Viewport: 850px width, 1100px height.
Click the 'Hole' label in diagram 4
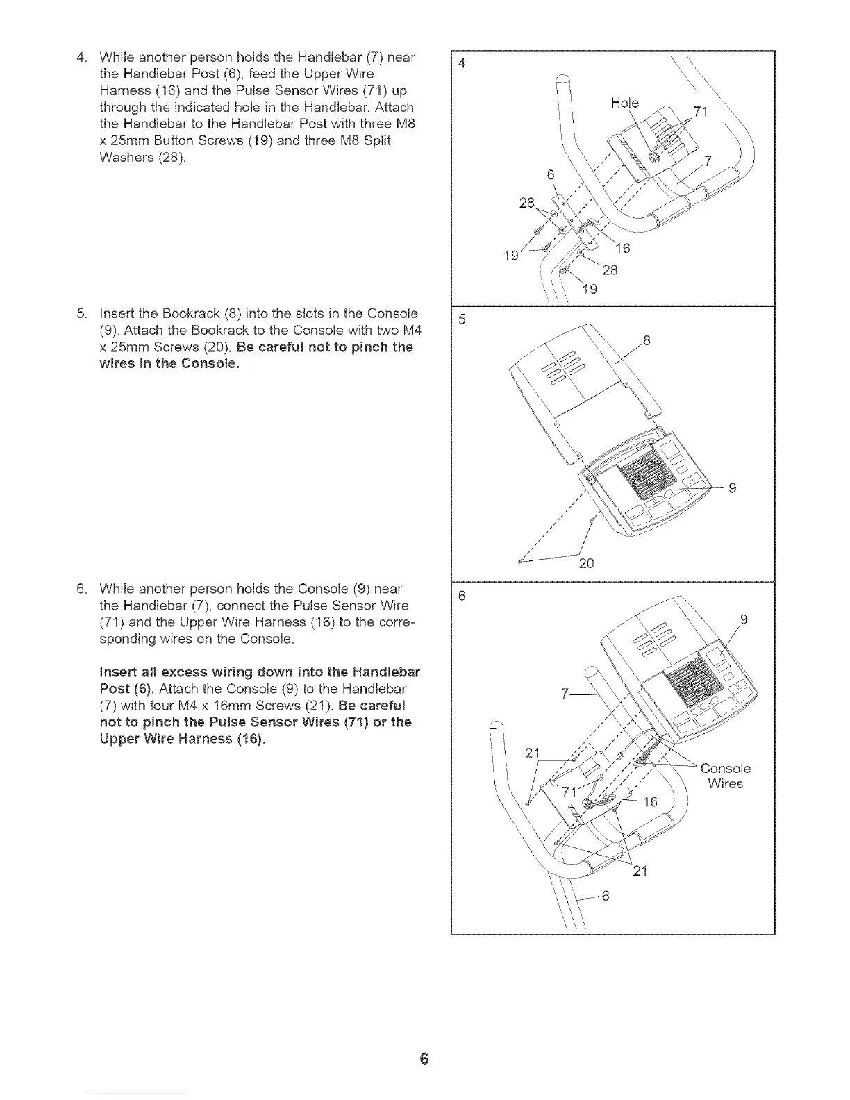[x=624, y=103]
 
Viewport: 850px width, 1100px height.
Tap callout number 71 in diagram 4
[x=701, y=115]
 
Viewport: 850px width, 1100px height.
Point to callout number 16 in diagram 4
[x=623, y=249]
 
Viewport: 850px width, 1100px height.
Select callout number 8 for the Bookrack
[x=647, y=340]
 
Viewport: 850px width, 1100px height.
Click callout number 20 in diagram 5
[x=586, y=563]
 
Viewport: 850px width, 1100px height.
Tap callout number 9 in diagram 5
[x=731, y=488]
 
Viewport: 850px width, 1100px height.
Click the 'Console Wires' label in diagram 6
[x=725, y=776]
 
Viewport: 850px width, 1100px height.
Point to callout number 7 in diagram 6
[x=565, y=694]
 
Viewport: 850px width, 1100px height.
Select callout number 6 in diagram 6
[x=605, y=896]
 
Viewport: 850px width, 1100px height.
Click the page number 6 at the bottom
[x=424, y=1059]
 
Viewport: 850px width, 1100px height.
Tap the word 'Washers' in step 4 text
[x=122, y=157]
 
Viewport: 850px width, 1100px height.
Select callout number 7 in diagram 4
[x=708, y=162]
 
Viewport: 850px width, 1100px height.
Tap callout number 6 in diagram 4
[x=551, y=175]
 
